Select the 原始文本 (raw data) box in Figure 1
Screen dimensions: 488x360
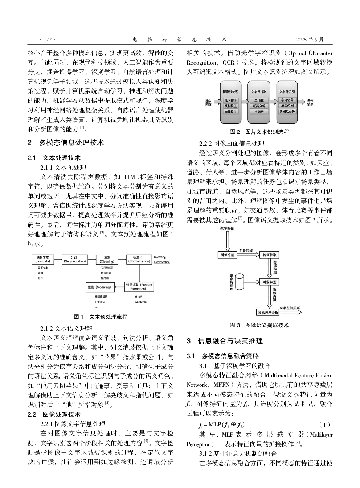click(43, 259)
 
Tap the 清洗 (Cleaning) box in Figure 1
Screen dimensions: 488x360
click(107, 259)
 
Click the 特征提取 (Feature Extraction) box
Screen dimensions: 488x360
click(138, 287)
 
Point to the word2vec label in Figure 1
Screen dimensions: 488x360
click(140, 302)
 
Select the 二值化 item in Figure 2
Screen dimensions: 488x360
click(259, 100)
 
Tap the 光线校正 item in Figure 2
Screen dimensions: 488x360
click(230, 112)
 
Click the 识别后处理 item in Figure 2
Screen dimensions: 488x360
click(287, 111)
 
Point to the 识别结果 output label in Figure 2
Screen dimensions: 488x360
click(310, 102)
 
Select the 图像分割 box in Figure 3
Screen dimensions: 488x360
click(228, 255)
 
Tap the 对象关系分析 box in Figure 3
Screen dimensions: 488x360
click(268, 312)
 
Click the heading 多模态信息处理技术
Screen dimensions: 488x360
click(71, 143)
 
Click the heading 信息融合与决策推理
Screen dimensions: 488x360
click(230, 341)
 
